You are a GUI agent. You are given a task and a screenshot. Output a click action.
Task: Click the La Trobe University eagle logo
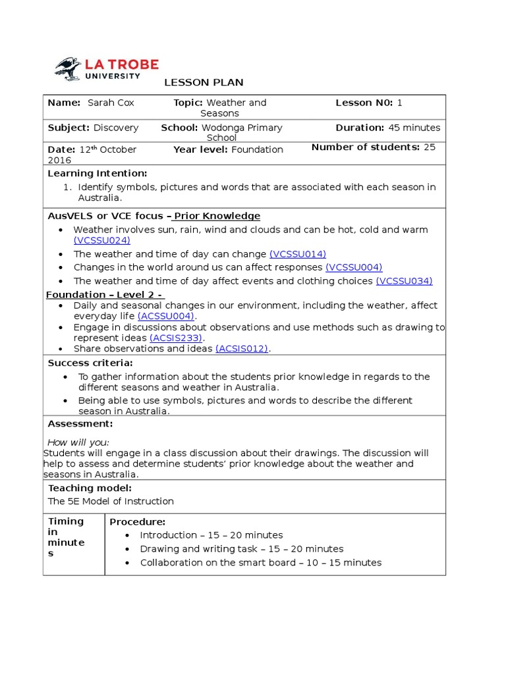[68, 68]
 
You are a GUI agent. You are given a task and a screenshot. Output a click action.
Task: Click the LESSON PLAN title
[204, 82]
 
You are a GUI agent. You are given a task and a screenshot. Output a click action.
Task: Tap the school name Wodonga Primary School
[241, 132]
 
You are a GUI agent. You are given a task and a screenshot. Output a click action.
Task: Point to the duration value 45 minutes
[413, 128]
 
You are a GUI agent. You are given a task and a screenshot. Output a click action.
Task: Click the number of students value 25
[429, 147]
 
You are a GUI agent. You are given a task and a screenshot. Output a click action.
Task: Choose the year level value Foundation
[257, 149]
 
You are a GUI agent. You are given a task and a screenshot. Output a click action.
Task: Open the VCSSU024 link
[102, 240]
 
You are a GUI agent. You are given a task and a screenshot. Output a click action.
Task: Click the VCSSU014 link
[297, 254]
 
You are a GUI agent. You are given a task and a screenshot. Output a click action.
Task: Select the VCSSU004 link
[354, 267]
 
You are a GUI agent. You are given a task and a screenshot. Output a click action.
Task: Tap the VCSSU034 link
[404, 281]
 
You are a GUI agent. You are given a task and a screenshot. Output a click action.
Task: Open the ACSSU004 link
[166, 316]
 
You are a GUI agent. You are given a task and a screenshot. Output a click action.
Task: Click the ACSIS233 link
[176, 338]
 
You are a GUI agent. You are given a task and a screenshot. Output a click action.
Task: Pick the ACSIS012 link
[242, 349]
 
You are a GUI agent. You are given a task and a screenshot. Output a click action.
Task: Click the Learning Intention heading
[98, 173]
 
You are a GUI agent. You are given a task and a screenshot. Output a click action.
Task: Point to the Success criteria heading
[90, 363]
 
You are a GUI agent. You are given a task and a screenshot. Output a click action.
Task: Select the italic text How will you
[78, 442]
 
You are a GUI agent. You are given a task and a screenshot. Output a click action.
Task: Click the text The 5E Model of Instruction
[111, 501]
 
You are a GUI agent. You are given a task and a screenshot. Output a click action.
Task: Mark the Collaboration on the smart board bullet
[260, 562]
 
